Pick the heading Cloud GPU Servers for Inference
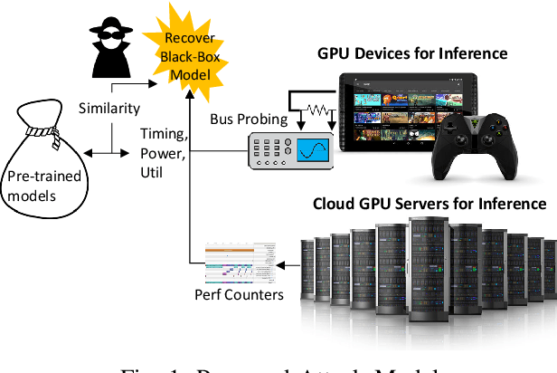click(429, 204)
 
